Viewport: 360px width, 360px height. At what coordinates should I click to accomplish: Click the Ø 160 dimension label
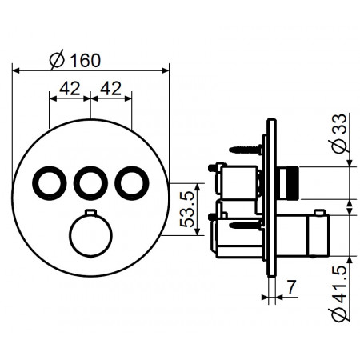(75, 60)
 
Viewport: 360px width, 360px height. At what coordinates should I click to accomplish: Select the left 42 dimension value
(70, 88)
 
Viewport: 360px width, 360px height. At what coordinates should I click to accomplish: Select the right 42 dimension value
(110, 88)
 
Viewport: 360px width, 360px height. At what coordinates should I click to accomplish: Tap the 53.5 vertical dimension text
(187, 210)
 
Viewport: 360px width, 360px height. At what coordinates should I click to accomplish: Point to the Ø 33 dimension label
(340, 134)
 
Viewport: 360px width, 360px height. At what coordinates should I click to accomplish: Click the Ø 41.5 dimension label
(340, 293)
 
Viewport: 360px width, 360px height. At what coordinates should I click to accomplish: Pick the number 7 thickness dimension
(291, 286)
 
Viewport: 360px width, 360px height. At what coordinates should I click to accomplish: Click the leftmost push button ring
(50, 183)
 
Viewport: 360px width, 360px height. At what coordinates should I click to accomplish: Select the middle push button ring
(90, 183)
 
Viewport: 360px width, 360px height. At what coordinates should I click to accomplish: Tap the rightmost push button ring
(132, 183)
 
